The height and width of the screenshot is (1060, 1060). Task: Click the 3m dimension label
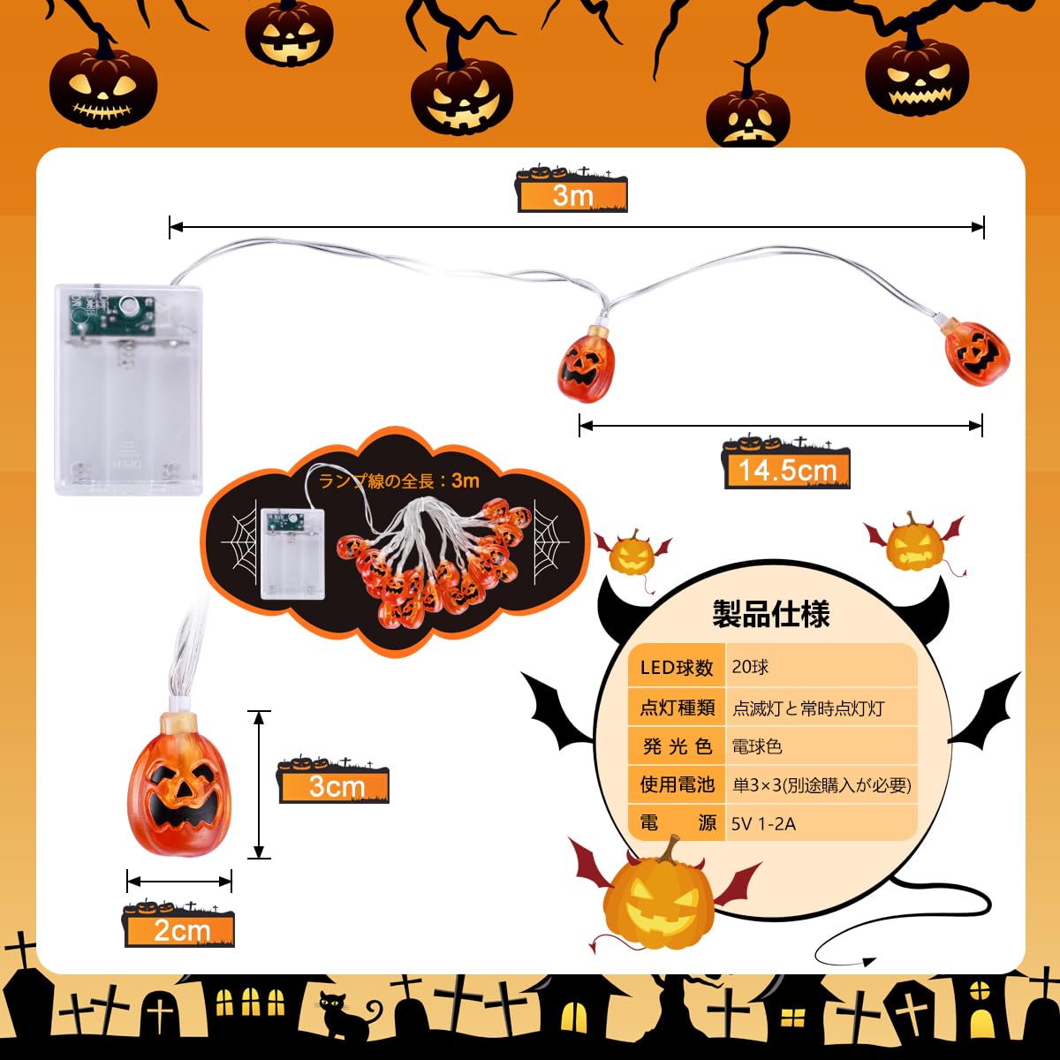(572, 194)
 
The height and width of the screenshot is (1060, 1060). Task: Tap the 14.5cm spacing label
(787, 469)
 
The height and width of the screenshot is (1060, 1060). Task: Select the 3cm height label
(336, 785)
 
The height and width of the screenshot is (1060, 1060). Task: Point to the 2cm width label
(181, 930)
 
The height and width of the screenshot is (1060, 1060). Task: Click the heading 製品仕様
(771, 614)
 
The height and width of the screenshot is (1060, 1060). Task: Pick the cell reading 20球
(750, 667)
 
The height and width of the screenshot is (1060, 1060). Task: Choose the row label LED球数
(677, 668)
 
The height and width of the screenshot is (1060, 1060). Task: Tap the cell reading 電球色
(757, 746)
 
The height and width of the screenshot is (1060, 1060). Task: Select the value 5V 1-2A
(764, 823)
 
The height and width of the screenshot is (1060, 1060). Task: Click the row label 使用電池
(677, 784)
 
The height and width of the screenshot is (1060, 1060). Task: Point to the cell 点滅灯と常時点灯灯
(808, 708)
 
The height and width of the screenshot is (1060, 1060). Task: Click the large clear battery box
(129, 389)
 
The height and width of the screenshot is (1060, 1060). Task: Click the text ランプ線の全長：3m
(399, 481)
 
